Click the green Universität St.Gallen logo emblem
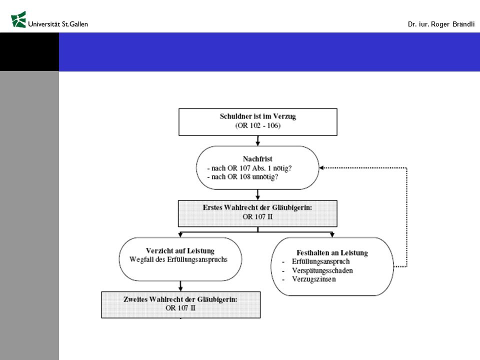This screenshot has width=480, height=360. (18, 19)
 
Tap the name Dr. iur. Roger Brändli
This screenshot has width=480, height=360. (441, 24)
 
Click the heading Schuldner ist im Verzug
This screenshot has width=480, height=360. (258, 116)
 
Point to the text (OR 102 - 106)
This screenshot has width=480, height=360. (258, 125)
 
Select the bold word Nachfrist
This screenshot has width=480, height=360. (257, 159)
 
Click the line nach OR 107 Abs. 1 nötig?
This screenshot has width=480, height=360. (249, 168)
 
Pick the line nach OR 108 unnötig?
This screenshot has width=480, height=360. (243, 176)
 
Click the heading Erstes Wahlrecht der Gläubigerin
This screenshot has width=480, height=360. (257, 207)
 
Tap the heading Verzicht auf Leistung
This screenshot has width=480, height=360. (180, 250)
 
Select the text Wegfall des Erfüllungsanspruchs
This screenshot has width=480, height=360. (178, 259)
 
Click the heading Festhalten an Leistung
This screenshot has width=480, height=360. (332, 253)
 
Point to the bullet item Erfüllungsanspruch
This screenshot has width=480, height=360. (320, 261)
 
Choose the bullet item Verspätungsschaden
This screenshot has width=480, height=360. (322, 270)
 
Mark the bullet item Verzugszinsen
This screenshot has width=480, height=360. (314, 279)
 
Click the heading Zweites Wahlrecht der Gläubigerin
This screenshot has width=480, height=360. (180, 299)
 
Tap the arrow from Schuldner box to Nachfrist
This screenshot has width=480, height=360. (258, 140)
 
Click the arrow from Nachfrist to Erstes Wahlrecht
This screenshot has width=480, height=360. (258, 194)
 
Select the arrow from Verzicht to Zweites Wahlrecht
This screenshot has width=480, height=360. (180, 286)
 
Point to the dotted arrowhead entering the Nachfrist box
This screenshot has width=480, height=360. (321, 168)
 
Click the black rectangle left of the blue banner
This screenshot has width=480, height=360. (29, 52)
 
